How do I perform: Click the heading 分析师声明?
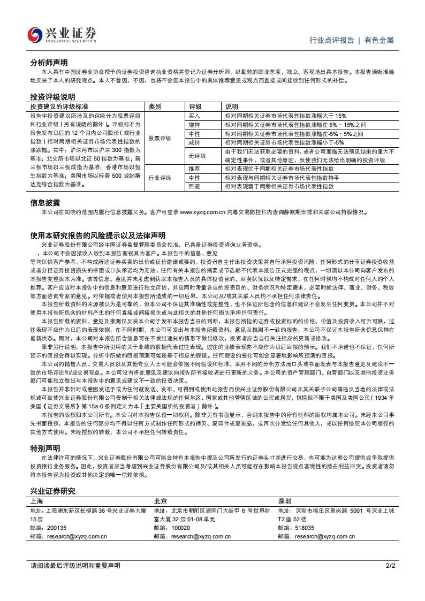[49, 63]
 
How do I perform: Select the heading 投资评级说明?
[52, 97]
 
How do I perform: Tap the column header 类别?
[155, 106]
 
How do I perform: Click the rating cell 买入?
[194, 116]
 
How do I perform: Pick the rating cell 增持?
[194, 125]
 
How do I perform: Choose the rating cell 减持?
[194, 143]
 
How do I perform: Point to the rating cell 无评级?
[197, 156]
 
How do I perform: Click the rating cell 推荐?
[194, 169]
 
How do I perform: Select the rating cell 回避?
[194, 186]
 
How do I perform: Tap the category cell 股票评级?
[160, 138]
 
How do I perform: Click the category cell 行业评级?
[160, 178]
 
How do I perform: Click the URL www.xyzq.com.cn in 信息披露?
[202, 212]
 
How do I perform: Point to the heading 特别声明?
[45, 448]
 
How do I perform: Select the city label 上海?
[37, 501]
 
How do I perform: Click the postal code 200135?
[56, 528]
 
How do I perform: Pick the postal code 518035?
[303, 528]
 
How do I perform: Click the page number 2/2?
[390, 566]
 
